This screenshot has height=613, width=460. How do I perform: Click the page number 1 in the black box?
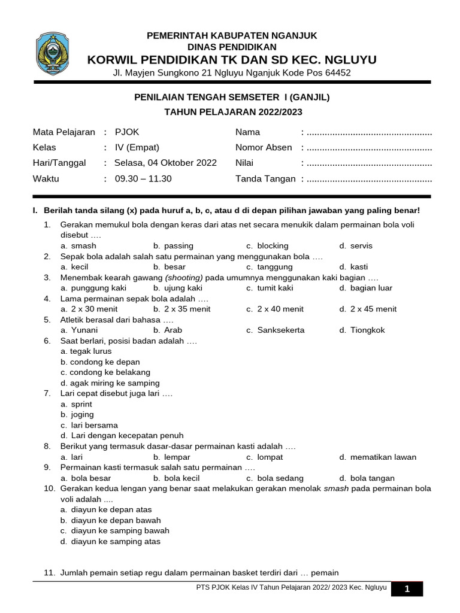click(x=407, y=589)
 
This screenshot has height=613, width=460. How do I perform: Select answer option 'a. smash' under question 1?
click(x=78, y=245)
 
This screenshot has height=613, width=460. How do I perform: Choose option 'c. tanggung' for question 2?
click(x=270, y=267)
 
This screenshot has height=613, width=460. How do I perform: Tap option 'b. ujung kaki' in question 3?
click(x=178, y=288)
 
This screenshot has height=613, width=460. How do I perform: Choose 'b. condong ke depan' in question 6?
click(x=100, y=362)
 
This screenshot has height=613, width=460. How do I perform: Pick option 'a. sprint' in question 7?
click(x=77, y=404)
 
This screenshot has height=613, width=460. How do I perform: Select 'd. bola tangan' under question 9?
click(x=367, y=478)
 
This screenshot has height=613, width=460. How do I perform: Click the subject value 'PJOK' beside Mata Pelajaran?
click(x=126, y=132)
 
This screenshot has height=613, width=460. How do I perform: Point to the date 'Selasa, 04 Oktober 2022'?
click(x=166, y=163)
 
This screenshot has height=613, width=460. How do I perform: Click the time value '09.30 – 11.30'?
click(x=143, y=178)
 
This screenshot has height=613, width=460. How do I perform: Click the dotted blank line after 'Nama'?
click(x=368, y=133)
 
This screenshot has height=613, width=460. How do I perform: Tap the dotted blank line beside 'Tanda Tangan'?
click(x=368, y=179)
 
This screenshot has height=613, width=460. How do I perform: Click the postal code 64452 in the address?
click(x=337, y=73)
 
